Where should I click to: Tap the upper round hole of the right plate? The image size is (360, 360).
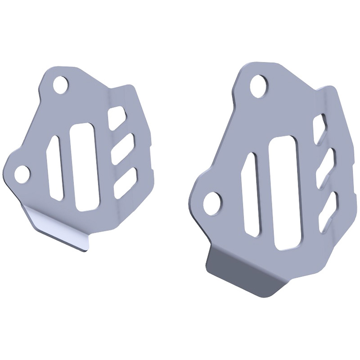pyautogui.click(x=259, y=85)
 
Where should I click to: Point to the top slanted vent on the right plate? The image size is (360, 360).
pyautogui.click(x=320, y=128)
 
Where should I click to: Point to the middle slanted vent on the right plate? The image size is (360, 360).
pyautogui.click(x=325, y=166)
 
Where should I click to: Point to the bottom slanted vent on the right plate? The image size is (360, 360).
pyautogui.click(x=328, y=209)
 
